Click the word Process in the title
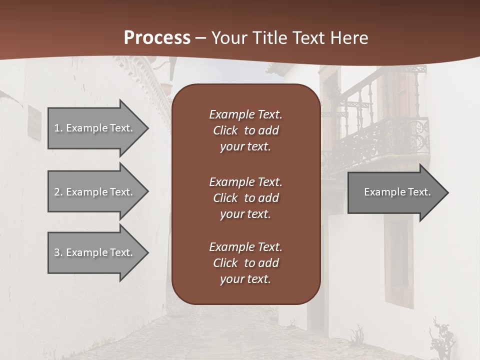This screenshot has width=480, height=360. pos(157,38)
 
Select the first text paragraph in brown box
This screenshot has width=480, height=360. pos(245,130)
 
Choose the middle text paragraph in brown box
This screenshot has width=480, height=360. pos(245,198)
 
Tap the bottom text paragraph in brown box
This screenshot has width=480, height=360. pos(245,263)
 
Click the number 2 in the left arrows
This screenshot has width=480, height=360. pos(57,192)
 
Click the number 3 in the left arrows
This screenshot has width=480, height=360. pos(57,252)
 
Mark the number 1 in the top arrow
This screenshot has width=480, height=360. pos(56,128)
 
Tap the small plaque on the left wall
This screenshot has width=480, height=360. pos(34,123)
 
